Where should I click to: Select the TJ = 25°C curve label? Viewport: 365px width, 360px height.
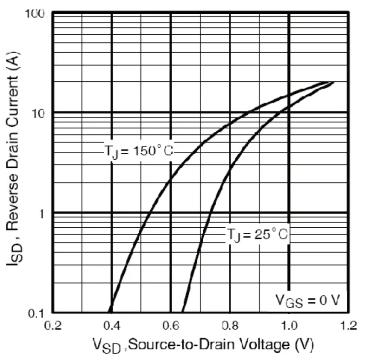coord(258,235)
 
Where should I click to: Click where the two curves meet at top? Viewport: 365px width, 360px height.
coord(330,82)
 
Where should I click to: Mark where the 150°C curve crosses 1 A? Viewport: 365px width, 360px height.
coord(149,213)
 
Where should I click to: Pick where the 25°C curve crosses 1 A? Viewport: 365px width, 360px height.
coord(211,213)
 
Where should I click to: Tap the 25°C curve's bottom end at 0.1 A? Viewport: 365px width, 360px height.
coord(183,312)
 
